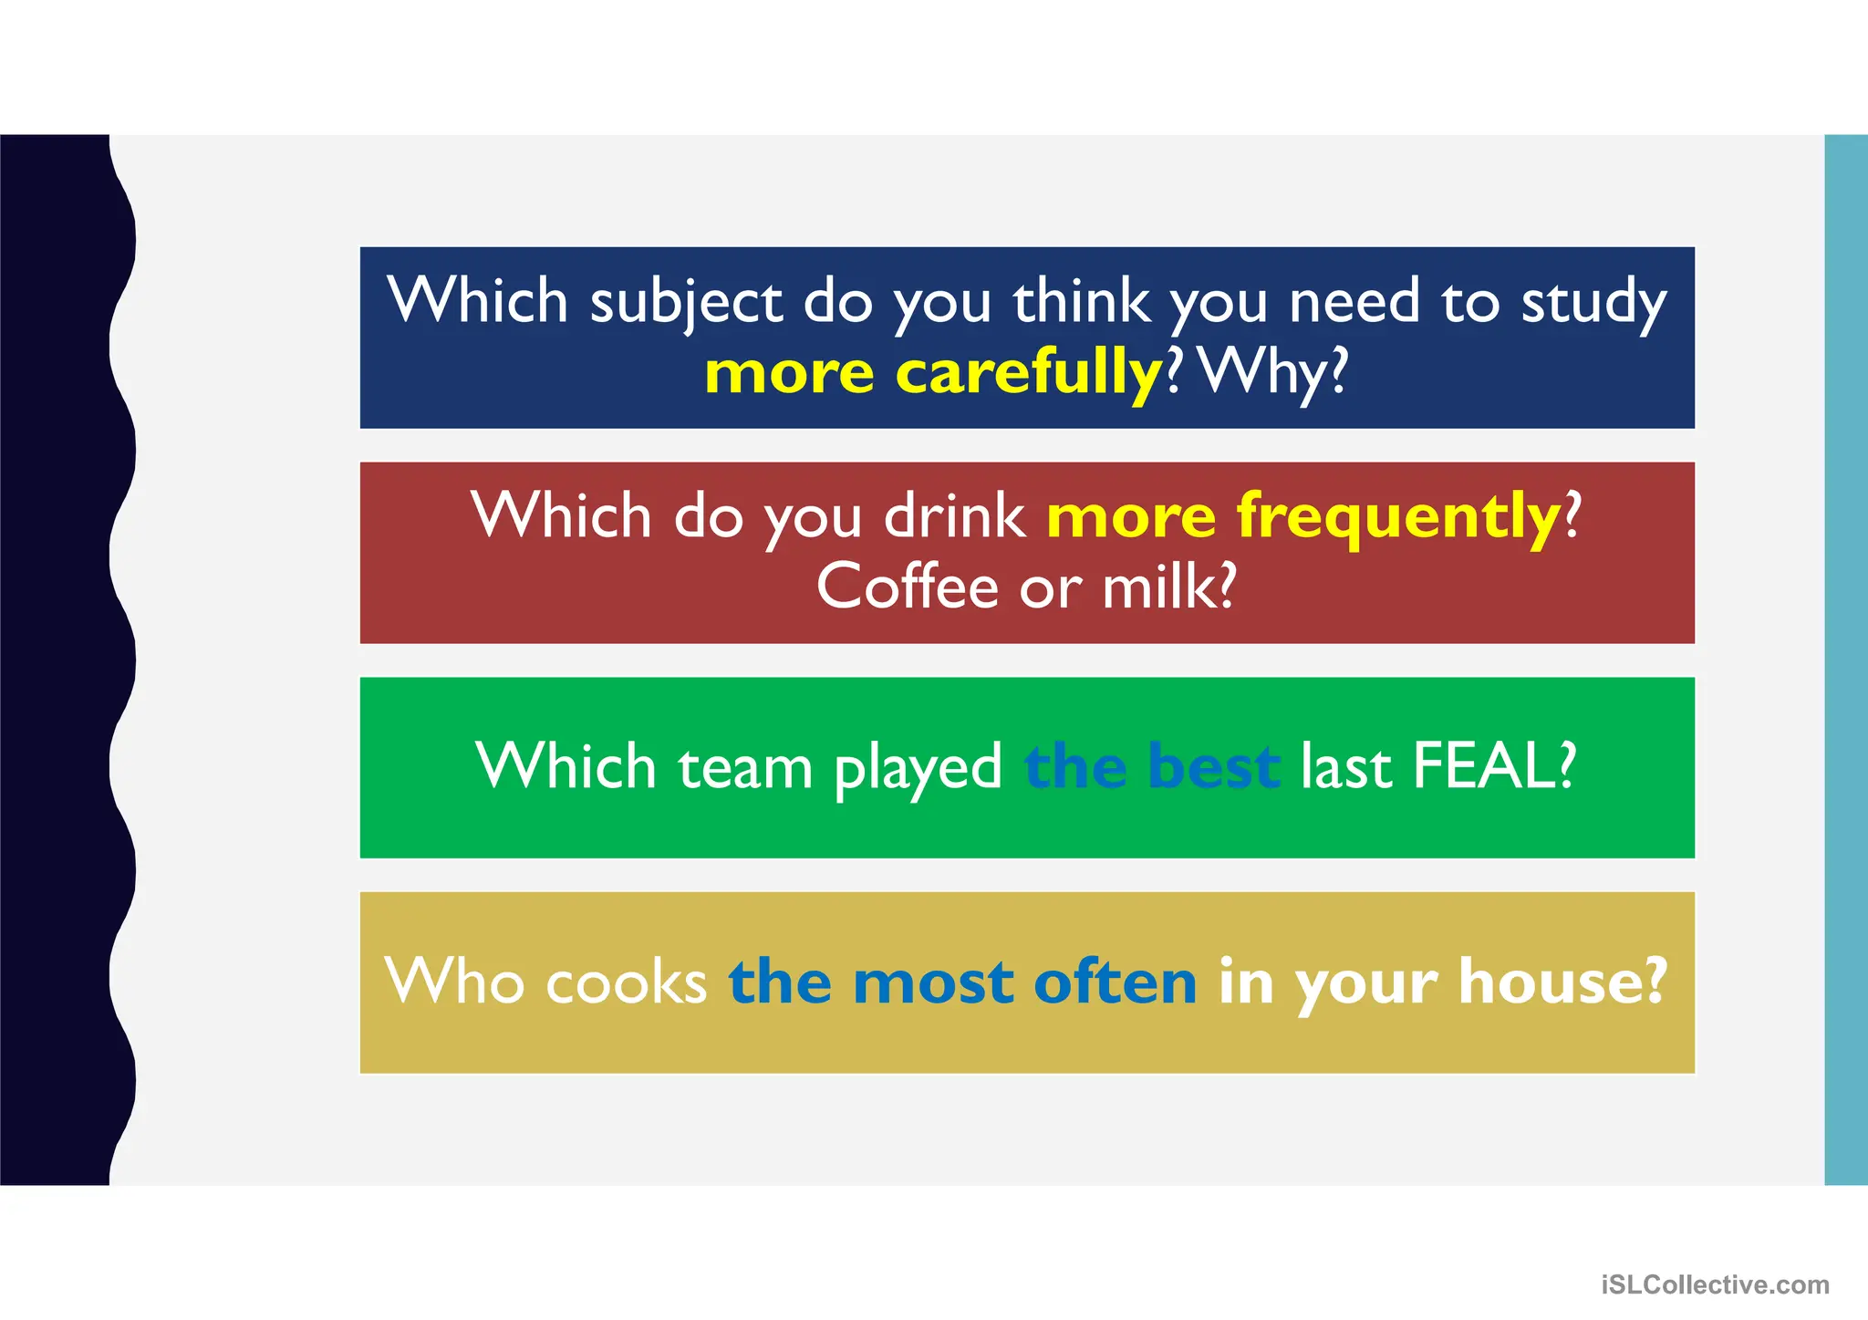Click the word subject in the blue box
(686, 302)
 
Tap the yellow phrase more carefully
(933, 372)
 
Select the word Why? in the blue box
(1273, 372)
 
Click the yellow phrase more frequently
(1303, 516)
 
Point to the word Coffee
(907, 587)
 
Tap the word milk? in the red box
(1169, 587)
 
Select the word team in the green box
(744, 766)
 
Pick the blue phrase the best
(1152, 766)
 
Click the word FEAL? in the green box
(1493, 766)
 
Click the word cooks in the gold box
(627, 982)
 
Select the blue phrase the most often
(962, 982)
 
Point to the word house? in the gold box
(1562, 982)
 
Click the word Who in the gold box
(454, 982)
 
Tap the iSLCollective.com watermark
(1715, 1285)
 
